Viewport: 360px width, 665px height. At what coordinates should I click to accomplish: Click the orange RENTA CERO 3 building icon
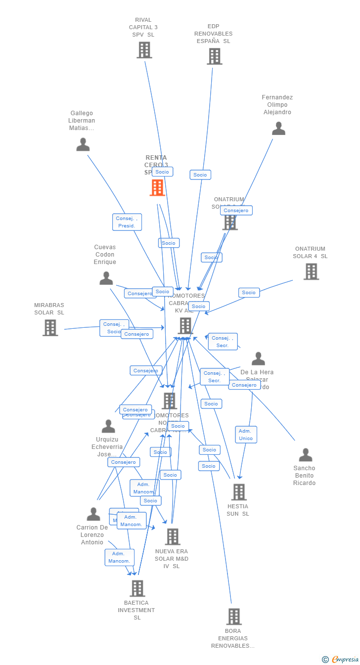[157, 188]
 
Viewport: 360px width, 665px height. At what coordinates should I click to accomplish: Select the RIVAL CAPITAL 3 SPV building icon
[144, 50]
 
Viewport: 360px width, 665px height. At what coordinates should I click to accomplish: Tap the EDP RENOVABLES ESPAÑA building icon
[215, 56]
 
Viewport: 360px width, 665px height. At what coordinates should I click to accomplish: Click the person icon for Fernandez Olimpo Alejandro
[278, 129]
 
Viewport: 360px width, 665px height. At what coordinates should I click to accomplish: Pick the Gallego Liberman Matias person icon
[83, 144]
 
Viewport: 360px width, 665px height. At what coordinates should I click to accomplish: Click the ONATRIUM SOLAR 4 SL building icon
[311, 271]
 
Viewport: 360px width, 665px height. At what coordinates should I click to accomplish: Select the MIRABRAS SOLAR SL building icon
[50, 328]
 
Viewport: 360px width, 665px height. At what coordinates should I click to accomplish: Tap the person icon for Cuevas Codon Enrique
[106, 278]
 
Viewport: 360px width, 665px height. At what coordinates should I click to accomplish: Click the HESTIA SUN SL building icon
[239, 492]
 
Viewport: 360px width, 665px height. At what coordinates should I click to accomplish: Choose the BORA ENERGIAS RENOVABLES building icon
[234, 617]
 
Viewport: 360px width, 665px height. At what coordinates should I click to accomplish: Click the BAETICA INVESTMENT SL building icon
[137, 588]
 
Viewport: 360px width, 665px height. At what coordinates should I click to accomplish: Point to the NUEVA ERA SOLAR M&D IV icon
[173, 536]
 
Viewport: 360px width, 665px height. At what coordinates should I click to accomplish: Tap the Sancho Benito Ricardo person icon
[306, 455]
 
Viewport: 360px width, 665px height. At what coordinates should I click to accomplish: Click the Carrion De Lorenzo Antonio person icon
[93, 514]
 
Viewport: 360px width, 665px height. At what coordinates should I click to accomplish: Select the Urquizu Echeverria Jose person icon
[108, 426]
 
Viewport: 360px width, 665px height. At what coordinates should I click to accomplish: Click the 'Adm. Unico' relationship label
[246, 435]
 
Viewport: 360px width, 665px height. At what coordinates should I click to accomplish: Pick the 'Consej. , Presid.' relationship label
[127, 222]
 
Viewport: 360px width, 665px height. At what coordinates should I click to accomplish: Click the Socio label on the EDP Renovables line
[200, 175]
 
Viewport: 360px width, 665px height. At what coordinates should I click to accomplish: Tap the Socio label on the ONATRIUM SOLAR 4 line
[249, 292]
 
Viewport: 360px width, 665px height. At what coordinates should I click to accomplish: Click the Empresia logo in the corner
[341, 659]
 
